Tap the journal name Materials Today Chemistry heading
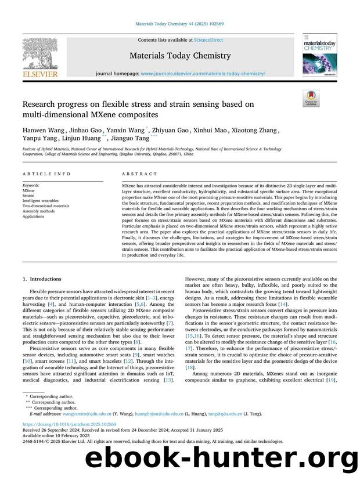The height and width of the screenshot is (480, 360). coord(180,56)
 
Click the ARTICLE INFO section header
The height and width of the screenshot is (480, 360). coord(47,174)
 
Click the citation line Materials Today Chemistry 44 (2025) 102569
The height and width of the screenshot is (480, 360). coord(179,24)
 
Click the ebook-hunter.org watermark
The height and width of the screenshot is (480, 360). coord(221,464)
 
